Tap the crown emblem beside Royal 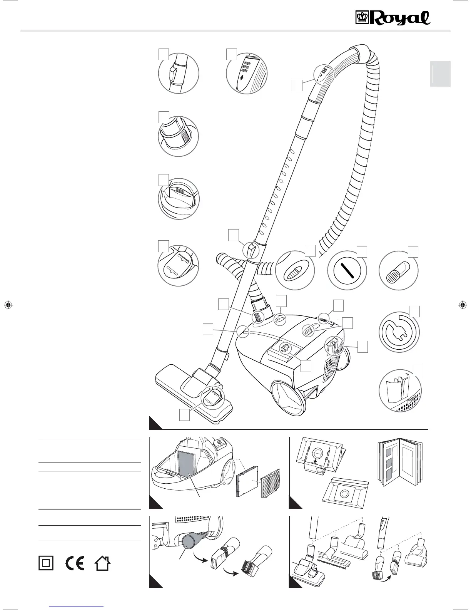pyautogui.click(x=362, y=18)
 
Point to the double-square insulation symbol pyautogui.click(x=46, y=563)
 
